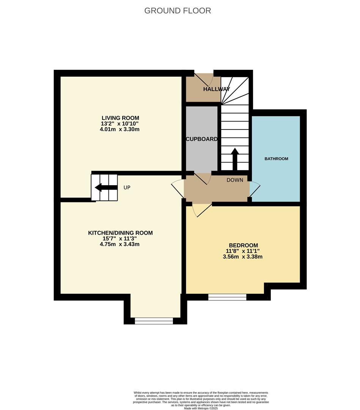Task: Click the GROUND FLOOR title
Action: click(178, 11)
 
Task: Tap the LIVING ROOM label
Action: click(120, 118)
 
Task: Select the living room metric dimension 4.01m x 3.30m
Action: click(120, 129)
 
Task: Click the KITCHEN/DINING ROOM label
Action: click(120, 233)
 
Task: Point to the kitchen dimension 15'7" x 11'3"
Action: click(120, 238)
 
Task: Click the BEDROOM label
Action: click(243, 245)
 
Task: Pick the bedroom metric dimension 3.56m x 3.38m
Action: click(243, 257)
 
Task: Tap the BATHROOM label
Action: click(276, 159)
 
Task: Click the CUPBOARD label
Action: click(202, 139)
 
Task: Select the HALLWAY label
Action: click(216, 89)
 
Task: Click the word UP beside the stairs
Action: click(127, 188)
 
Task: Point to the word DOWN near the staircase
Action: click(235, 180)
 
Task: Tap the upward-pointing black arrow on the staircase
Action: click(234, 158)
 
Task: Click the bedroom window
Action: click(227, 297)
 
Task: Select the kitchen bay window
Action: click(154, 321)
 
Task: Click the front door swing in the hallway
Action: click(208, 77)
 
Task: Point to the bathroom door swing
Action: click(255, 189)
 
